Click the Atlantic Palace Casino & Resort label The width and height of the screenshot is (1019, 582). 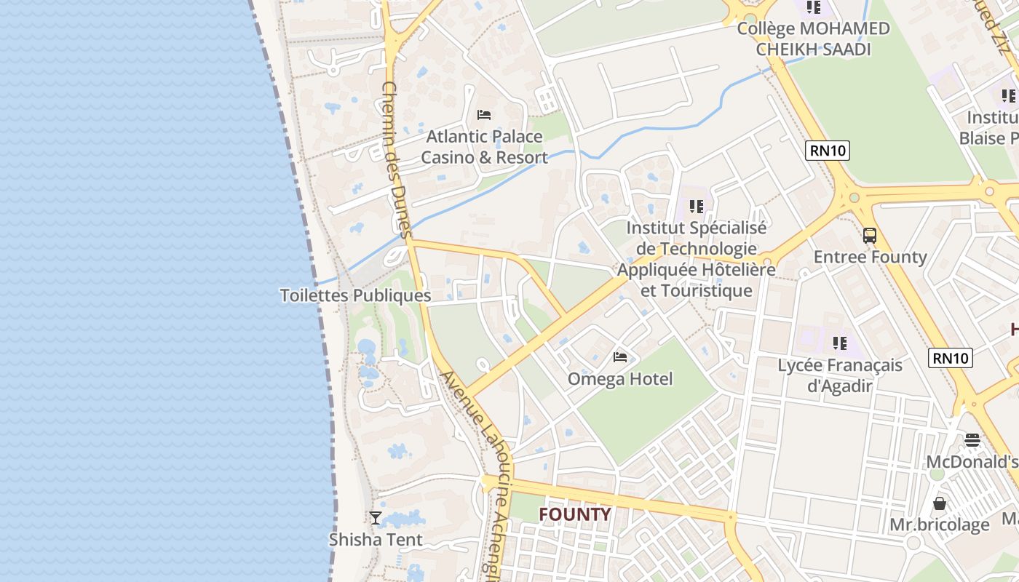pyautogui.click(x=484, y=147)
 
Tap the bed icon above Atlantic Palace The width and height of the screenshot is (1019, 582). pyautogui.click(x=484, y=115)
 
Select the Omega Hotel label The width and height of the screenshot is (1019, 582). pyautogui.click(x=620, y=379)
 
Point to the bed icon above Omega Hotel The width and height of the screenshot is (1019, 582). pyautogui.click(x=620, y=356)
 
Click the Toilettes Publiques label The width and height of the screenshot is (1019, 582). pyautogui.click(x=355, y=295)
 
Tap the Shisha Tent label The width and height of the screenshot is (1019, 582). pyautogui.click(x=376, y=540)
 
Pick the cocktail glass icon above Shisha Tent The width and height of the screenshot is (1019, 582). pyautogui.click(x=376, y=518)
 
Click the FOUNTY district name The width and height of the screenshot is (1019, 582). pyautogui.click(x=575, y=514)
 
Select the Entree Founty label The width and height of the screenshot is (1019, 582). pyautogui.click(x=870, y=257)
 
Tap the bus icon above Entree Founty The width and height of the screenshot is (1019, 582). pyautogui.click(x=870, y=235)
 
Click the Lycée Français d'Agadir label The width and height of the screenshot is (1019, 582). pyautogui.click(x=840, y=375)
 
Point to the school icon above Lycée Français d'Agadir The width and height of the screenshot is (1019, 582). pyautogui.click(x=840, y=343)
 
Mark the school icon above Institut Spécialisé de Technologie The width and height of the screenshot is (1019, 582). pyautogui.click(x=697, y=207)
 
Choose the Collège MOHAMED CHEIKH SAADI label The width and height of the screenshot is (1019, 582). pyautogui.click(x=813, y=39)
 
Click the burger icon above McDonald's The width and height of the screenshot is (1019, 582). pyautogui.click(x=972, y=439)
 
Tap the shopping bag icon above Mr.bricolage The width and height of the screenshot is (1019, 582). pyautogui.click(x=940, y=503)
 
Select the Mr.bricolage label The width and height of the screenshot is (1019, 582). pyautogui.click(x=940, y=525)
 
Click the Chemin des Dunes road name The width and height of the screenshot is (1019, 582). pyautogui.click(x=397, y=160)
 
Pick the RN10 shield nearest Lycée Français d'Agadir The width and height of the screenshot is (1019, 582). pyautogui.click(x=951, y=358)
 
